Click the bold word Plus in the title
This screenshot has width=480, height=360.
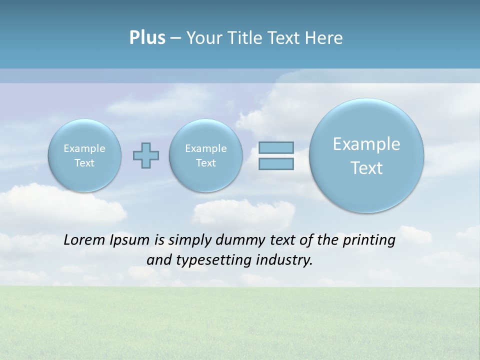pyautogui.click(x=147, y=38)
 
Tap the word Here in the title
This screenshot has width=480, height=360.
pyautogui.click(x=325, y=38)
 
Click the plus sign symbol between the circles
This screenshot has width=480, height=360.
pyautogui.click(x=146, y=155)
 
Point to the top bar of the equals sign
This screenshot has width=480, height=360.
pyautogui.click(x=276, y=147)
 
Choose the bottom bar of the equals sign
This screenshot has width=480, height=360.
pyautogui.click(x=276, y=163)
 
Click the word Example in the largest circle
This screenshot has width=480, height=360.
pyautogui.click(x=366, y=144)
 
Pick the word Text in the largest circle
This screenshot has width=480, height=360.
pyautogui.click(x=366, y=168)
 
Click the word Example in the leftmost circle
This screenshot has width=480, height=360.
pyautogui.click(x=84, y=148)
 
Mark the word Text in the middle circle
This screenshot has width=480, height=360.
pyautogui.click(x=205, y=163)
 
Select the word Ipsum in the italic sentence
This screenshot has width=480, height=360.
pyautogui.click(x=130, y=240)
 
